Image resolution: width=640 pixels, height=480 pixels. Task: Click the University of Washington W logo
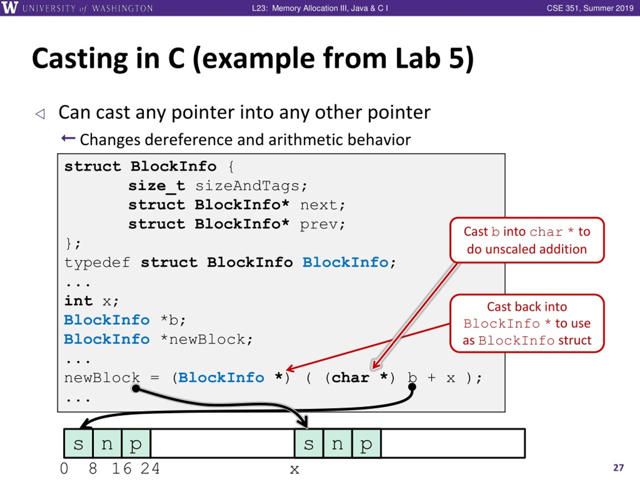pos(9,7)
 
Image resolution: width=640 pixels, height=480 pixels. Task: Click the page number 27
pos(618,467)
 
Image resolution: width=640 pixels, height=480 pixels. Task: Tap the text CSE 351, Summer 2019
pos(590,8)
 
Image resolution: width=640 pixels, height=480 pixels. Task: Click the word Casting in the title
pos(80,59)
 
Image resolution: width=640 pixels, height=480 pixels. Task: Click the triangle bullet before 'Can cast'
pos(40,114)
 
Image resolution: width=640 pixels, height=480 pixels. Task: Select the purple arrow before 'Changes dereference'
pos(68,138)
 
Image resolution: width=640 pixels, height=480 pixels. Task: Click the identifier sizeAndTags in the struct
pos(247,186)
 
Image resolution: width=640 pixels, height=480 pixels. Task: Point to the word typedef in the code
pos(97,262)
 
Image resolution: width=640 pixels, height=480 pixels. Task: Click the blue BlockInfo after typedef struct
pos(345,262)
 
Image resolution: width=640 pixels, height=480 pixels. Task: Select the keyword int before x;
pos(78,301)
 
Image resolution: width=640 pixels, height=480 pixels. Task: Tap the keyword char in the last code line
pos(350,377)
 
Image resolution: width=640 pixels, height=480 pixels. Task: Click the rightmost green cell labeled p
pos(366,443)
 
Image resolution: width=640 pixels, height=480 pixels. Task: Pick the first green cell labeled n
pos(107,443)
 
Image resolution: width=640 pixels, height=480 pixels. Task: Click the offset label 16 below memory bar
pos(121,468)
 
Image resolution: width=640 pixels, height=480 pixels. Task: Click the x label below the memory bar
pos(294,469)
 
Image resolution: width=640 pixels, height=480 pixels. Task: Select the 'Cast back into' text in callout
pos(526,307)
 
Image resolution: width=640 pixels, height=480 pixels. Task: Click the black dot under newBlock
pos(135,388)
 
